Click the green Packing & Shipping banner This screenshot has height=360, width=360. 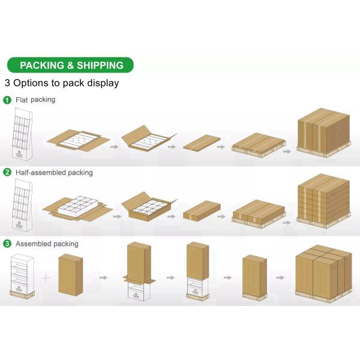click(x=70, y=65)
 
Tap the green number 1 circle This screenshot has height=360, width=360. click(x=7, y=100)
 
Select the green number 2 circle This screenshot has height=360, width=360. click(x=7, y=172)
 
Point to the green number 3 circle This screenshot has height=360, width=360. click(x=7, y=244)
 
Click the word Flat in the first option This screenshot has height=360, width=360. click(x=22, y=100)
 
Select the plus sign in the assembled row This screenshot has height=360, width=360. click(x=46, y=278)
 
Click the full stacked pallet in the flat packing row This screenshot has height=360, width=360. click(x=324, y=133)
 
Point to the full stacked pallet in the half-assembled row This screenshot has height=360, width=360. click(x=324, y=201)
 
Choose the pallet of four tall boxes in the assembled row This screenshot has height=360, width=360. click(x=324, y=274)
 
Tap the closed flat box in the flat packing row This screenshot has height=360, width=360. click(x=202, y=143)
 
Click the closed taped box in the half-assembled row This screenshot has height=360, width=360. click(x=202, y=211)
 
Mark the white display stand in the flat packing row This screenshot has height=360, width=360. click(x=22, y=134)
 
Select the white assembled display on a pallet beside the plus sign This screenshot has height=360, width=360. click(x=22, y=276)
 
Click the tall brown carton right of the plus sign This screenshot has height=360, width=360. click(x=70, y=275)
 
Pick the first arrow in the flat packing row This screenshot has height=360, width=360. click(x=115, y=147)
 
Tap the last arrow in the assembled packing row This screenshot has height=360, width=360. click(x=280, y=278)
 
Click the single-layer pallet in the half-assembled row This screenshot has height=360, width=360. click(x=259, y=214)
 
